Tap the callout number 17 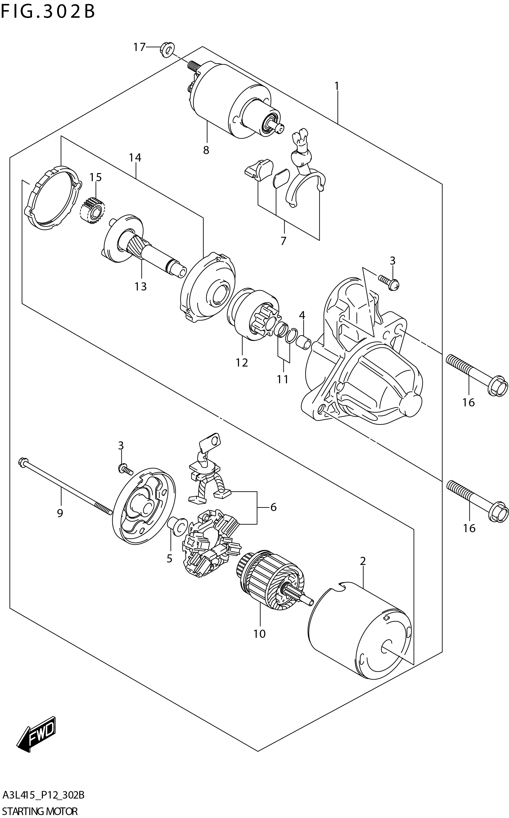point(139,47)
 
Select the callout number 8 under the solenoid point(206,150)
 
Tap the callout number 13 point(141,287)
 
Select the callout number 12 point(242,363)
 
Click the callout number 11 point(283,379)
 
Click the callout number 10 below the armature point(260,634)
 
